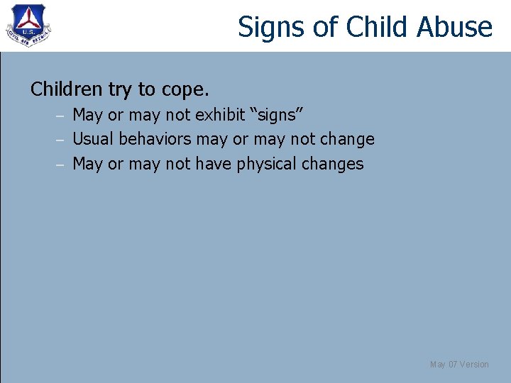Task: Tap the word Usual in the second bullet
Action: tap(94, 139)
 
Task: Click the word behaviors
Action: tap(155, 139)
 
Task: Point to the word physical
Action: tap(267, 165)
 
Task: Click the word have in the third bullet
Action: tap(214, 164)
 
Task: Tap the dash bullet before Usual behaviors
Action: tap(62, 140)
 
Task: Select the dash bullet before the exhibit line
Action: tap(62, 115)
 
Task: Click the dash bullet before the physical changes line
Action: tap(62, 165)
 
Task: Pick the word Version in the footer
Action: tap(474, 365)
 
